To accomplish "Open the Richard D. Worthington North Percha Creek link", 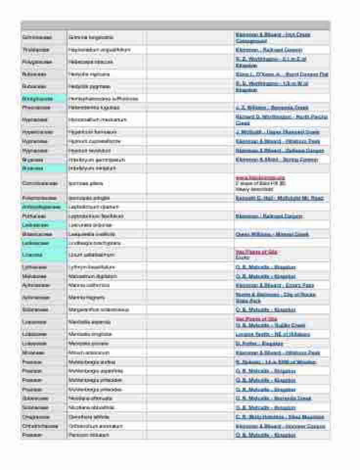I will click(281, 120).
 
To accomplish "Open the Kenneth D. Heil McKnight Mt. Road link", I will click(279, 198).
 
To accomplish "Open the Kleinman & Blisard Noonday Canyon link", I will click(280, 426).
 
